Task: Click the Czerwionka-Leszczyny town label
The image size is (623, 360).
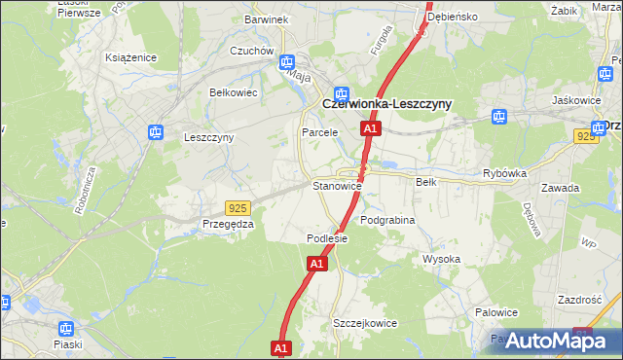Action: click(x=386, y=104)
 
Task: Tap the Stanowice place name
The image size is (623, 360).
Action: click(x=337, y=185)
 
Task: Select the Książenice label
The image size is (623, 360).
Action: click(x=131, y=57)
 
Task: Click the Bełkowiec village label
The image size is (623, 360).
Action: click(x=233, y=92)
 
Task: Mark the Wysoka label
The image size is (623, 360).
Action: click(x=441, y=259)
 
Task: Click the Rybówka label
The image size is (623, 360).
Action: click(x=504, y=173)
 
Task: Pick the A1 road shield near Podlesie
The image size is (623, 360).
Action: click(x=317, y=263)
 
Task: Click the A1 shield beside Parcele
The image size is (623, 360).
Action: click(x=369, y=128)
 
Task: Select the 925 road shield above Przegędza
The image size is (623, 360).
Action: click(x=237, y=207)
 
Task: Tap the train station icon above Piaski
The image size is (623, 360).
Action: click(x=66, y=329)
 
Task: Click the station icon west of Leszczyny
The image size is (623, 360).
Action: click(x=155, y=132)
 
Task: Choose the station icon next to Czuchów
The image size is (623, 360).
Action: click(x=287, y=62)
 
